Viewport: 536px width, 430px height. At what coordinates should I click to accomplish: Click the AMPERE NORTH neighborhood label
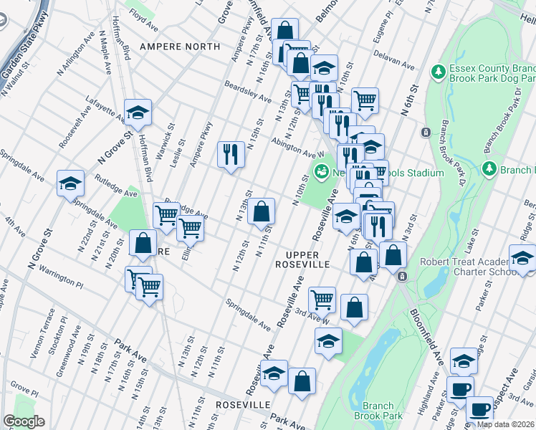coord(180,47)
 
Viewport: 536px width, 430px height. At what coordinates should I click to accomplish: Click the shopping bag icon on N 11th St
coord(262,211)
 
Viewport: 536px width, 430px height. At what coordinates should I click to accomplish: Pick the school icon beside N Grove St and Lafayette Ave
coord(138,112)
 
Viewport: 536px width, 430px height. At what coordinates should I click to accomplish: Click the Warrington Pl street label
coord(60,279)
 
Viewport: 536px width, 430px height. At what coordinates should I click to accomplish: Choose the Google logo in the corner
coord(24,421)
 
